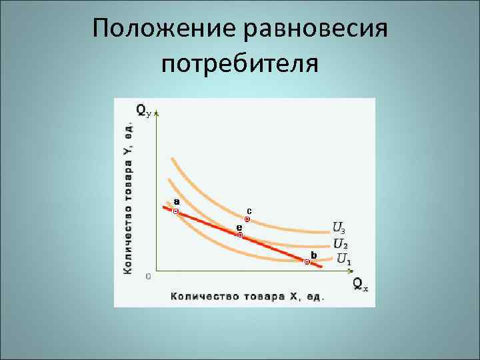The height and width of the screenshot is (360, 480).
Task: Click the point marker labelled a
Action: point(175,212)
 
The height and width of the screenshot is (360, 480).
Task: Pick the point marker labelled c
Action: point(247,219)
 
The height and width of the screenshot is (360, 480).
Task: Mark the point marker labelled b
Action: point(307,262)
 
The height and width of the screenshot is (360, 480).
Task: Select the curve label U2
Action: point(339,243)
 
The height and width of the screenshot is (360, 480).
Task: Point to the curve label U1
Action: point(344,258)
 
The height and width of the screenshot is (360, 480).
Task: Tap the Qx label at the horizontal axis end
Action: point(360,285)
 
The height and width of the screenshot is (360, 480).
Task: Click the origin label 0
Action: point(147,276)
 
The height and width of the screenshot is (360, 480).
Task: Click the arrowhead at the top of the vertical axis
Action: point(155,115)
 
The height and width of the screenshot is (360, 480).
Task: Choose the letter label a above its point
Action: point(176,201)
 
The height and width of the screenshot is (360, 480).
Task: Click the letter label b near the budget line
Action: point(313,255)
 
